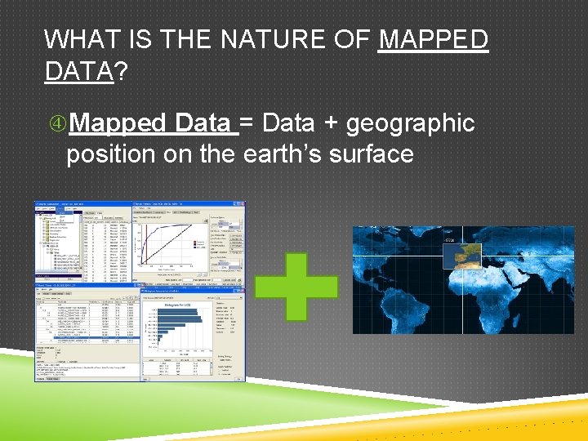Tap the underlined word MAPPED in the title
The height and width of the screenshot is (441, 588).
pyautogui.click(x=433, y=38)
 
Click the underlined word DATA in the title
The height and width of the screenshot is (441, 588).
pyautogui.click(x=78, y=71)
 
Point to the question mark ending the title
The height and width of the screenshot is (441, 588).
pyautogui.click(x=120, y=71)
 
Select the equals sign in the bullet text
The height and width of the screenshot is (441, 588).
pyautogui.click(x=247, y=122)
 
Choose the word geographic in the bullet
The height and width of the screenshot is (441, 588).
pyautogui.click(x=410, y=123)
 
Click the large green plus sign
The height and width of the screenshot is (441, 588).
pyautogui.click(x=296, y=287)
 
